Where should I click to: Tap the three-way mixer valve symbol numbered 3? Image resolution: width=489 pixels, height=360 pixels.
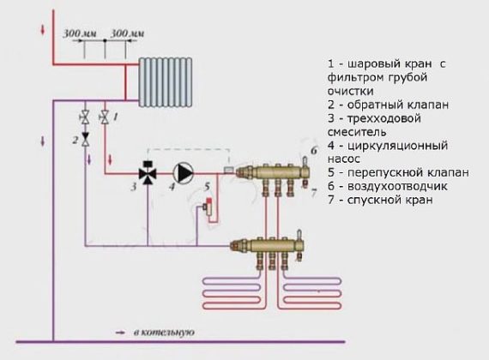coord(148,173)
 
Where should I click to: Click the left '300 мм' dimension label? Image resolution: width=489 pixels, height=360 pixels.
coord(79,33)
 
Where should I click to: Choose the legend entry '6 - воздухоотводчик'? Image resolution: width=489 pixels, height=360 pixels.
coord(383,185)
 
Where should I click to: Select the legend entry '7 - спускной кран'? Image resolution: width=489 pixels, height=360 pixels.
coord(378,199)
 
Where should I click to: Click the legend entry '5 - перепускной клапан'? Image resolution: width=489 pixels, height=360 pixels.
coord(387,171)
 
